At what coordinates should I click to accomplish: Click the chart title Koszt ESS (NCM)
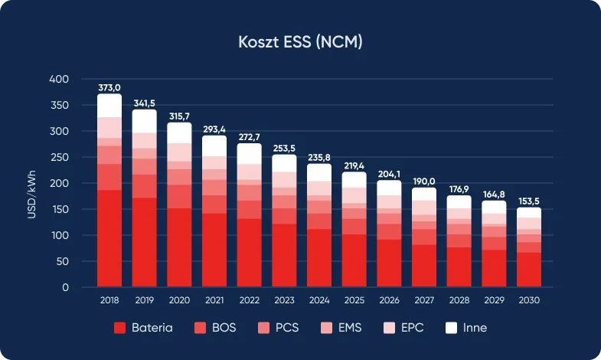300,42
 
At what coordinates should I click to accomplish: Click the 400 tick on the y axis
59,79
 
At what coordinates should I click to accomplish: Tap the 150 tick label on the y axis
59,209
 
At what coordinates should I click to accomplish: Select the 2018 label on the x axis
109,301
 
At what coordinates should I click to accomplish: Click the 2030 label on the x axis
528,301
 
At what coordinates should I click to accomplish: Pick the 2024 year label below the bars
318,301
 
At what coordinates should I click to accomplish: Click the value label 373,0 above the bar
109,87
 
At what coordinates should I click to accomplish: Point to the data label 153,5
528,201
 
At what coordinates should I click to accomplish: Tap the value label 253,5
284,149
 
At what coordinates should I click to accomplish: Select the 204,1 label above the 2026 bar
389,174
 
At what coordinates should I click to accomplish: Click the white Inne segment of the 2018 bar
109,106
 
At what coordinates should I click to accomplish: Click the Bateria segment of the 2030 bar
528,270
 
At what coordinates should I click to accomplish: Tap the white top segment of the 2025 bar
354,179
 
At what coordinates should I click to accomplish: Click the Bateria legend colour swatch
119,328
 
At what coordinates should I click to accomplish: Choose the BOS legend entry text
224,328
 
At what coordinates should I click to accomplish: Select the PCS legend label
286,328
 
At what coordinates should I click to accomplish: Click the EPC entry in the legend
410,328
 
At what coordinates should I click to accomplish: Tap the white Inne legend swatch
449,328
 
